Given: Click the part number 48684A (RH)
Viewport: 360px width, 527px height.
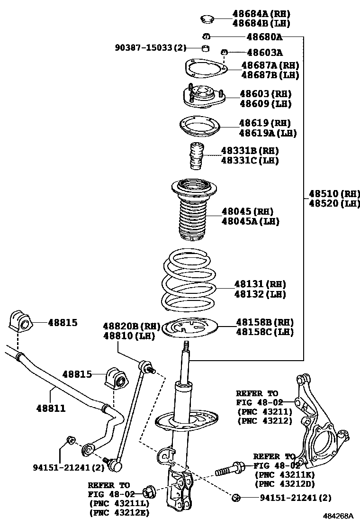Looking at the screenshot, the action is pyautogui.click(x=261, y=14).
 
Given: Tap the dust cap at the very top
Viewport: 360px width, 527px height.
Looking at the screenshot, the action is pyautogui.click(x=207, y=19).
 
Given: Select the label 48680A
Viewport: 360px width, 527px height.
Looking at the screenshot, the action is pyautogui.click(x=264, y=36).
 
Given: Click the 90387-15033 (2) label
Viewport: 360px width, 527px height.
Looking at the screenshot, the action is pyautogui.click(x=151, y=48).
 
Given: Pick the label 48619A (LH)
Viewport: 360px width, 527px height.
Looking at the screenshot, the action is pyautogui.click(x=268, y=133).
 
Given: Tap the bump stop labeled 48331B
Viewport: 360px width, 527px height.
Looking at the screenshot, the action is pyautogui.click(x=197, y=156).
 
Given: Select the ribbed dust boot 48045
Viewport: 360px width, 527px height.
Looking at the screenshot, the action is pyautogui.click(x=194, y=210).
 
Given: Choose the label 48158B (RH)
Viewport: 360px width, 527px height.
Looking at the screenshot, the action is pyautogui.click(x=265, y=322).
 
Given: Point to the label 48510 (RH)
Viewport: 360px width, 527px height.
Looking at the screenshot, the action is pyautogui.click(x=334, y=193).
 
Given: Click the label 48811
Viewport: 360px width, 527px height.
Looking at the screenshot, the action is pyautogui.click(x=51, y=409).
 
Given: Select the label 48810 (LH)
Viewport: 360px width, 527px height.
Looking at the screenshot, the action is pyautogui.click(x=129, y=336).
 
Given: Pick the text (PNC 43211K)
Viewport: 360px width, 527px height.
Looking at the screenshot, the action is pyautogui.click(x=285, y=474).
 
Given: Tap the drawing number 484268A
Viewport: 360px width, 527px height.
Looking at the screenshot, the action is pyautogui.click(x=339, y=516).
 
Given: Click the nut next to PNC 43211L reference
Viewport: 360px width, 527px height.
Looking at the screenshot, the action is pyautogui.click(x=148, y=493).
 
